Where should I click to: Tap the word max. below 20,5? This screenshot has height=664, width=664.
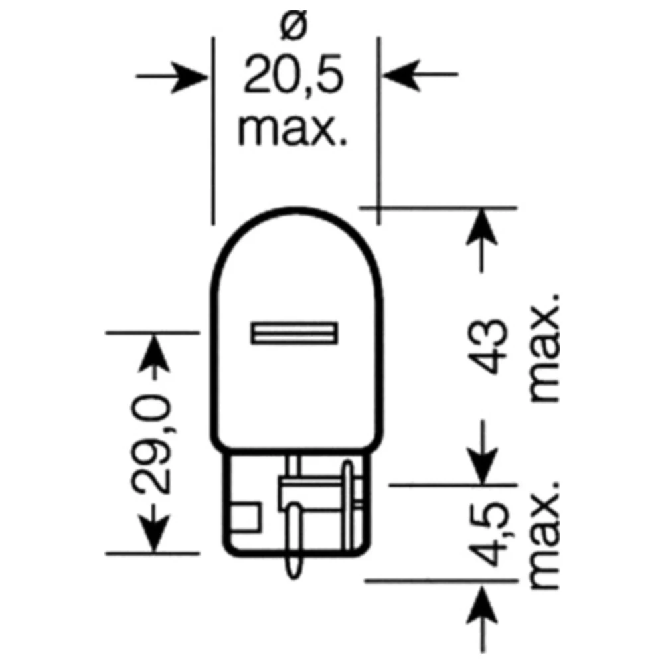pos(293,130)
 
